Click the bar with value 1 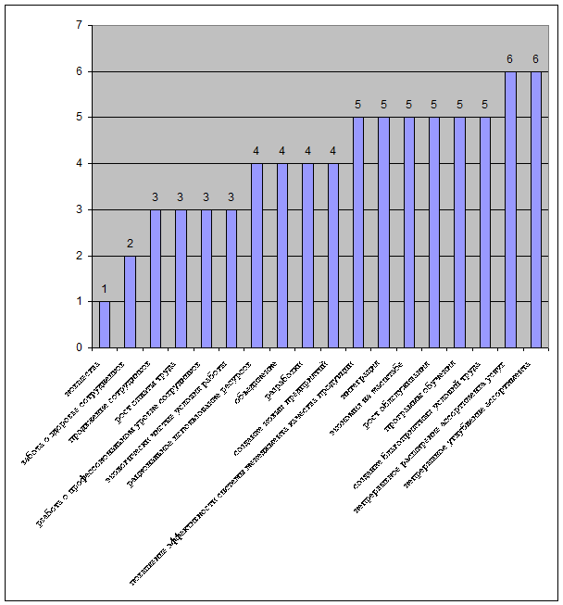105,324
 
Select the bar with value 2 130,301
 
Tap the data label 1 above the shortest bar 105,289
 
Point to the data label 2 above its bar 130,244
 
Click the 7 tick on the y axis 80,25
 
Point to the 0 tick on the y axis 80,347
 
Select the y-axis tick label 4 80,163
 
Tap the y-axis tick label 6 80,71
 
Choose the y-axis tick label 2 80,256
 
